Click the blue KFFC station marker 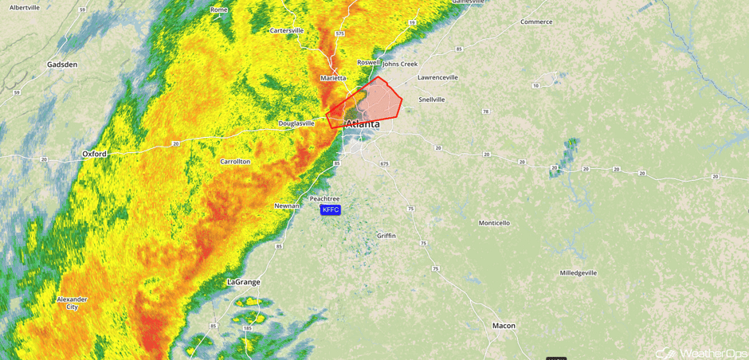(330, 209)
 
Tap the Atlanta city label (363, 124)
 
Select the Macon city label (504, 326)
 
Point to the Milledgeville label (578, 272)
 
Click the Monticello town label (494, 223)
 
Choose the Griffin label (386, 236)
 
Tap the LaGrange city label (244, 282)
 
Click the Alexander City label (72, 303)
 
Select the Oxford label (94, 154)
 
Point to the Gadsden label (61, 65)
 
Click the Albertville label (24, 7)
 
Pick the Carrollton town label (235, 162)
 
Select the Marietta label (333, 78)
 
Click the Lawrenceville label (438, 77)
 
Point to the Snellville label (432, 100)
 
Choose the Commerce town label (536, 22)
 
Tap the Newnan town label (287, 205)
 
